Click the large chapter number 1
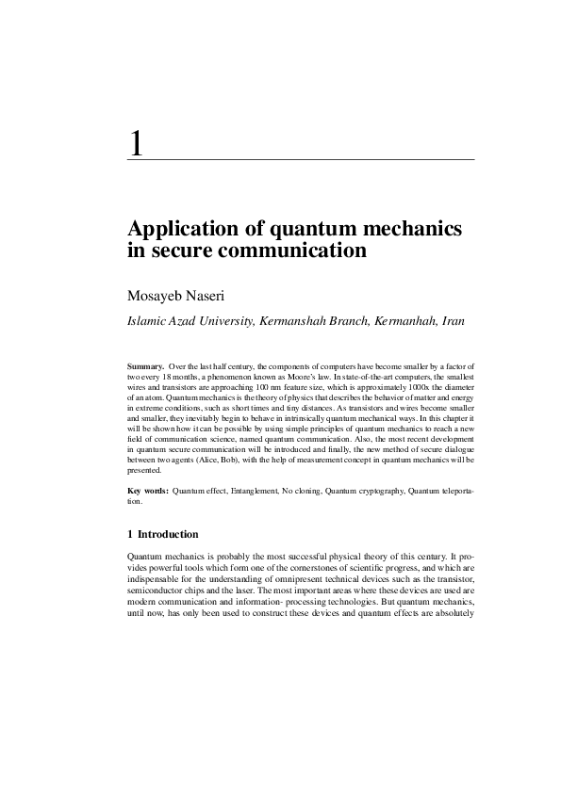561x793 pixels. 138,144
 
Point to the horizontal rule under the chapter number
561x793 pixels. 301,161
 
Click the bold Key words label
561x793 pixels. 148,492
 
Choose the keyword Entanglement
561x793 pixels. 252,492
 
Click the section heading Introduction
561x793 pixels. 168,535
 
